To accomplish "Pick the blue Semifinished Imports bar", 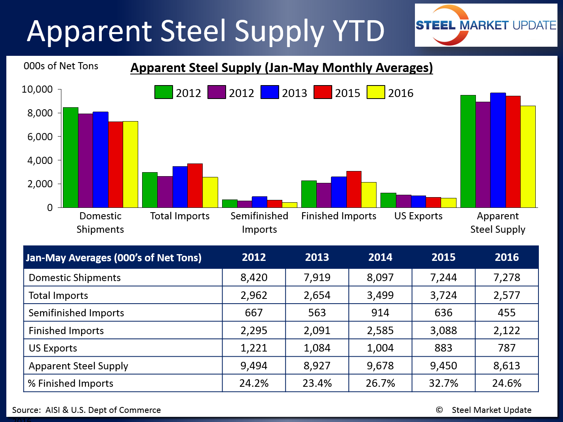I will click(x=259, y=202).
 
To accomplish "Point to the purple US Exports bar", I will click(x=403, y=201).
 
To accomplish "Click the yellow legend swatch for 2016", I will click(x=376, y=92).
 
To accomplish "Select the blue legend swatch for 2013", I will click(x=270, y=92).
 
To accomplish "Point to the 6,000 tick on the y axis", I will click(x=40, y=137).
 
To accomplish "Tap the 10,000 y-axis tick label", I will click(x=37, y=89).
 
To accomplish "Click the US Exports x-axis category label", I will click(x=418, y=216).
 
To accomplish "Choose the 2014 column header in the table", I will click(x=380, y=257).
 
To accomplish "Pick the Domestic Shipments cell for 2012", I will click(x=254, y=278).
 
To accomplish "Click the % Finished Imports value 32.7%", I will click(x=443, y=383).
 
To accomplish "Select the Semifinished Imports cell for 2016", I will click(x=506, y=313).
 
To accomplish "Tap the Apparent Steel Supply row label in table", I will click(x=78, y=366).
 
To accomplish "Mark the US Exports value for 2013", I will click(x=317, y=348).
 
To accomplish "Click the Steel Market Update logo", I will click(x=486, y=25).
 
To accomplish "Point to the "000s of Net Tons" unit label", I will click(x=61, y=66).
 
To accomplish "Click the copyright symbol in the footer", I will click(x=439, y=410).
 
